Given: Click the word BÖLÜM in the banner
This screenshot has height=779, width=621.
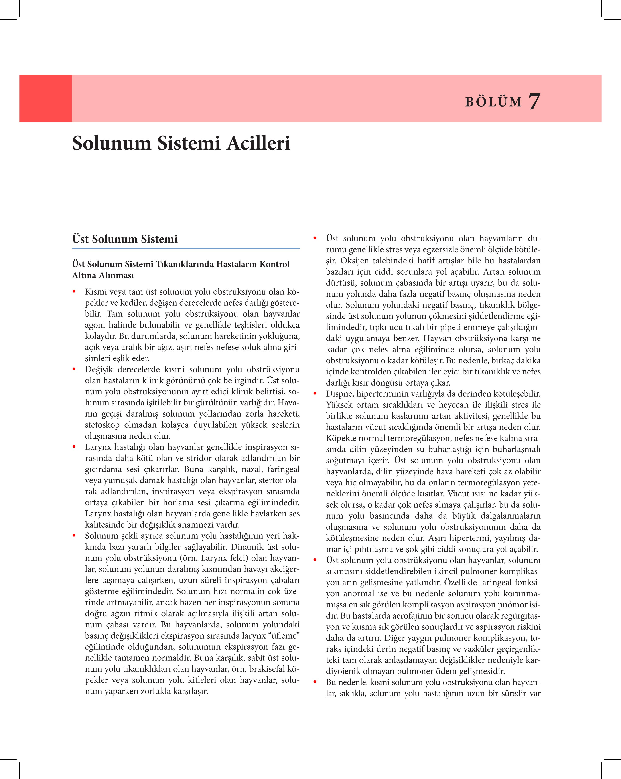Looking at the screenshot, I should (493, 102).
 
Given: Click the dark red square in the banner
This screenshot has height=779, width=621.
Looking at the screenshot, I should (45, 98).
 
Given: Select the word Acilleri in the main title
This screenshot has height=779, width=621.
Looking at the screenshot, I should (259, 143).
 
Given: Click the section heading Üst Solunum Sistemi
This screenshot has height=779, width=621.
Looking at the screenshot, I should (125, 239).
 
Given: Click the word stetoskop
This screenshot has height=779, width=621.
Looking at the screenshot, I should (102, 425).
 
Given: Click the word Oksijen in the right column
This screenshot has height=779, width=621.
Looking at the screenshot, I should (354, 261).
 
